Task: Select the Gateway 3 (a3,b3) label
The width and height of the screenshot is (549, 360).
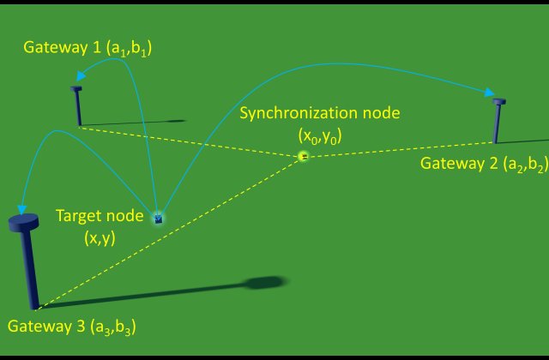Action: (x=72, y=327)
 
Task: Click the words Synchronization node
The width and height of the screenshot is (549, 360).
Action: (x=319, y=112)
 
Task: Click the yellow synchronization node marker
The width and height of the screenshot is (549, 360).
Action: (x=303, y=156)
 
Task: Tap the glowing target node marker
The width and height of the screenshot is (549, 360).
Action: (x=158, y=219)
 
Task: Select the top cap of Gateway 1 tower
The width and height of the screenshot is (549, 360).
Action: (x=76, y=88)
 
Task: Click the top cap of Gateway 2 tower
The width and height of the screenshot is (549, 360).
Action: (x=500, y=102)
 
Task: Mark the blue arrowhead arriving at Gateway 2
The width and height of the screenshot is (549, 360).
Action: (x=491, y=93)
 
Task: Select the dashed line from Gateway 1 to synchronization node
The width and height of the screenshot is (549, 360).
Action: (x=189, y=141)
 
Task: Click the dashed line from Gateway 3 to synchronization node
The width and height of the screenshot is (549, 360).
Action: (x=172, y=231)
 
